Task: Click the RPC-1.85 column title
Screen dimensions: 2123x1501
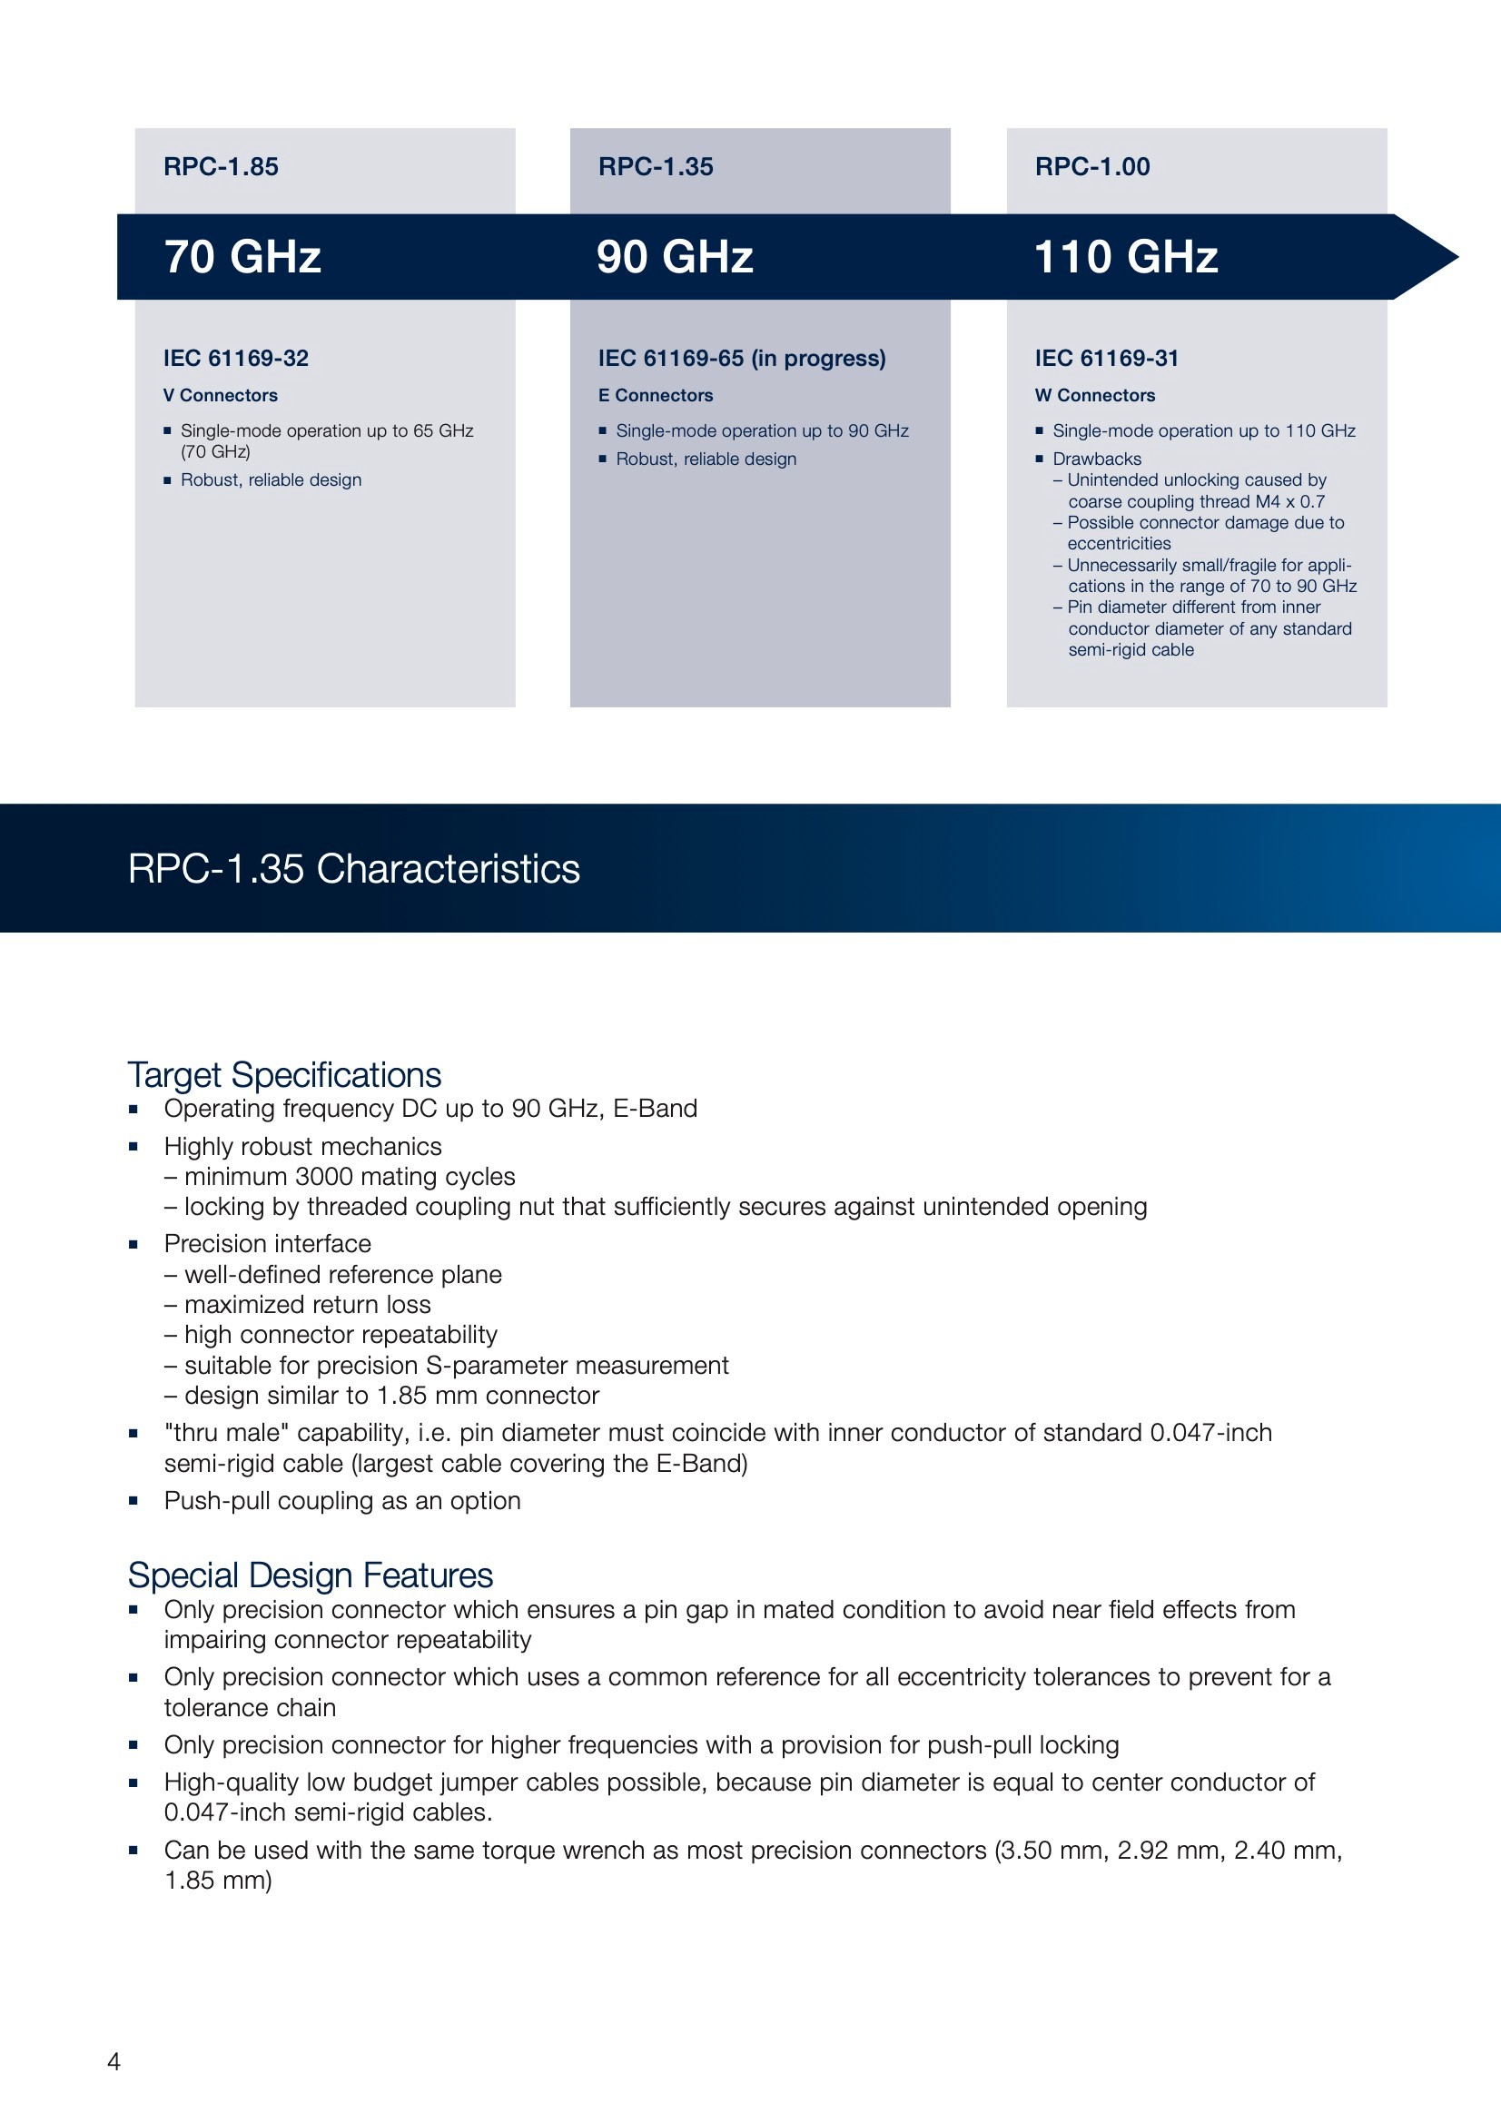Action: (x=221, y=166)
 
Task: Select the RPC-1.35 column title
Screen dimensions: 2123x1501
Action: (x=656, y=166)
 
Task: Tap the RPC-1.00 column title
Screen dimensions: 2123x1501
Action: (x=1092, y=166)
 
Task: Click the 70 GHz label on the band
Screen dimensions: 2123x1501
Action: (x=242, y=257)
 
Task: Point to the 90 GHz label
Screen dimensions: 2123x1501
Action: (x=674, y=257)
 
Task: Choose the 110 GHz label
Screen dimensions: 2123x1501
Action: (x=1125, y=257)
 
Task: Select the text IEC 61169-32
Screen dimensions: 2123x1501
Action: (x=236, y=358)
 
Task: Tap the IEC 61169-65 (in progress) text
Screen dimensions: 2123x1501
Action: (x=742, y=358)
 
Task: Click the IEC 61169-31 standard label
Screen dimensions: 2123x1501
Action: (x=1107, y=358)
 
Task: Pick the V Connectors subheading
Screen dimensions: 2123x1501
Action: (x=220, y=395)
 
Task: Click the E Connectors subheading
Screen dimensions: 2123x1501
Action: (x=656, y=395)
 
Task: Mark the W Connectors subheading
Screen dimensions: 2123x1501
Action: (x=1095, y=395)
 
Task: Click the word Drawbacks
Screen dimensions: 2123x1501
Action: (x=1097, y=459)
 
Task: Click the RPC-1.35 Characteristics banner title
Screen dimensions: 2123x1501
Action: (x=353, y=869)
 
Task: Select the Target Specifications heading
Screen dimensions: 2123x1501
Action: (x=284, y=1074)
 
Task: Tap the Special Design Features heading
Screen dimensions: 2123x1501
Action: (x=310, y=1575)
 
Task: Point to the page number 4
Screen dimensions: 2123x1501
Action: (x=114, y=2061)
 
